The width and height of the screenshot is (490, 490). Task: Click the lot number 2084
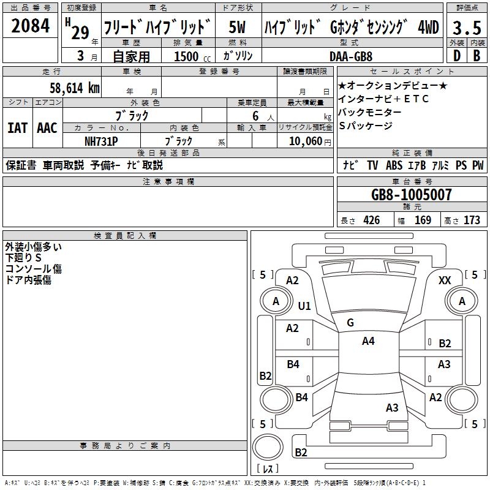click(31, 26)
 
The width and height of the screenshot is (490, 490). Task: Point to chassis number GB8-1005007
click(412, 195)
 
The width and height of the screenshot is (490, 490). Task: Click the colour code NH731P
click(101, 140)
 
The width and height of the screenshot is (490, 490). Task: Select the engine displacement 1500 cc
click(190, 56)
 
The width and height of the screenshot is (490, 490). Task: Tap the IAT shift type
click(18, 127)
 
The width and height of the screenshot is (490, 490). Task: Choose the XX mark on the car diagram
click(445, 280)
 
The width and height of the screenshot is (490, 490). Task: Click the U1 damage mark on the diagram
click(304, 306)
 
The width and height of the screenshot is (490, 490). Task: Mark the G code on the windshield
click(350, 322)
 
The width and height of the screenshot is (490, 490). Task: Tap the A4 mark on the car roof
click(368, 341)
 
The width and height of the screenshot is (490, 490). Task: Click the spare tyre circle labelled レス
click(268, 451)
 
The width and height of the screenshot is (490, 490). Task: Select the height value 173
click(472, 220)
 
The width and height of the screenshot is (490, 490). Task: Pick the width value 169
click(423, 220)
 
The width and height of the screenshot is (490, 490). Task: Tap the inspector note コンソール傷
click(34, 269)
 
